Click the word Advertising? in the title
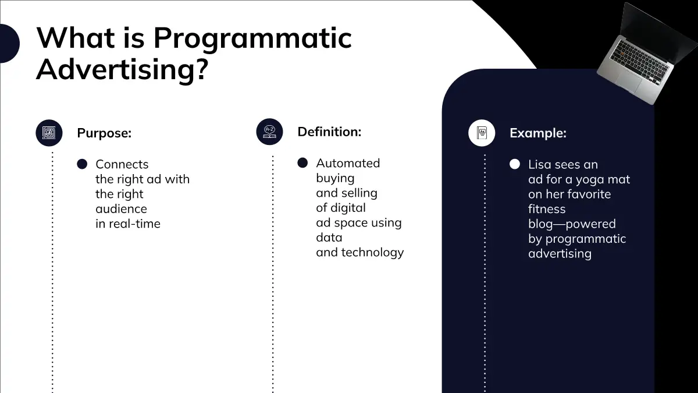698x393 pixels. (x=122, y=70)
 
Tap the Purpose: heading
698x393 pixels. (x=104, y=133)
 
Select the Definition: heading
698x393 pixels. (x=329, y=132)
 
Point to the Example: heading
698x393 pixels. (x=538, y=133)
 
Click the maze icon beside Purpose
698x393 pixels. (x=49, y=133)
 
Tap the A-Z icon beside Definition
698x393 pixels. (x=269, y=132)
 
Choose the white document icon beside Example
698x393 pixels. (x=482, y=133)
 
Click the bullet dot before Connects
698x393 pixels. (x=82, y=164)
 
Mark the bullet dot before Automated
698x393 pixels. (x=302, y=163)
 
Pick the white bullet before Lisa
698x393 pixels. (x=515, y=164)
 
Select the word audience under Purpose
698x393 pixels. (x=121, y=208)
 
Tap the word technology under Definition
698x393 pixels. (x=372, y=253)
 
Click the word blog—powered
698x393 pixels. (x=572, y=224)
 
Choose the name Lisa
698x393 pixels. (x=540, y=164)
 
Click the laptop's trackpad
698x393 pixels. (x=629, y=80)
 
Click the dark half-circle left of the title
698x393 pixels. (x=9, y=43)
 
